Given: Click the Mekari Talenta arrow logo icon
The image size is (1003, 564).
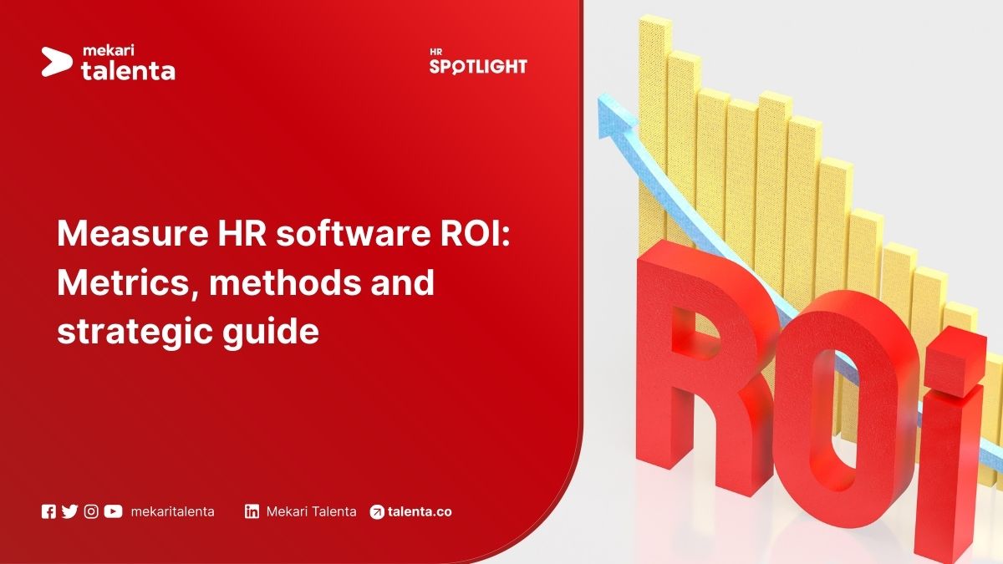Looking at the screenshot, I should [x=58, y=60].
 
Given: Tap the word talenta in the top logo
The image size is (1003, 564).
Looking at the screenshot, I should [x=128, y=71].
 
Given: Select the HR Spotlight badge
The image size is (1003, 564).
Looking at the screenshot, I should [x=478, y=63].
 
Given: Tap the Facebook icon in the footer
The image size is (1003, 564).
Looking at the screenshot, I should [x=48, y=511].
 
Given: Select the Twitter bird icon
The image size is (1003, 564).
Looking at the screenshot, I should [x=69, y=511].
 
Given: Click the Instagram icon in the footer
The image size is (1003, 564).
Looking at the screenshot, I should [x=91, y=511].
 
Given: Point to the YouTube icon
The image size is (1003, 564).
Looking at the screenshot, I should [x=113, y=511].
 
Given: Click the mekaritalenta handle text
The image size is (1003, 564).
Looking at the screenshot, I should [x=172, y=511].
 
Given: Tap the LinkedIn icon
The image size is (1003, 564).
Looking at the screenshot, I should [x=252, y=511].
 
